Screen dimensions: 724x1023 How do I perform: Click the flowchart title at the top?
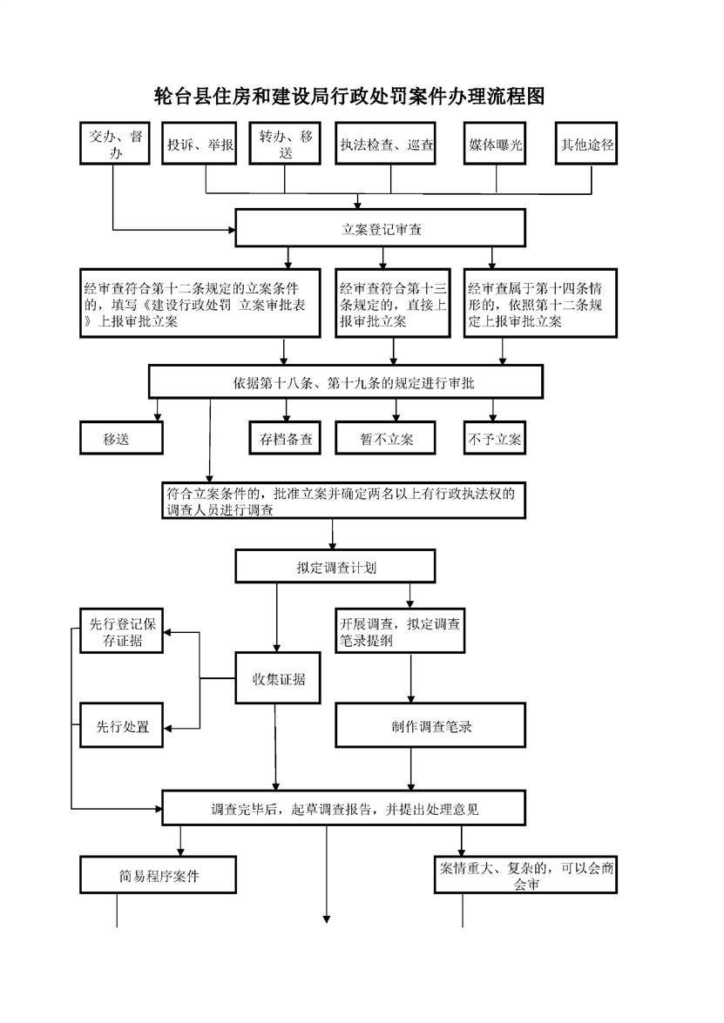[x=349, y=97]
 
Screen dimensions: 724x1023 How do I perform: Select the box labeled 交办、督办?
[x=115, y=143]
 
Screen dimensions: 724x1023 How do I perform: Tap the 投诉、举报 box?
[x=200, y=143]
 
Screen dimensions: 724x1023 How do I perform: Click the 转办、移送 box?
[x=285, y=143]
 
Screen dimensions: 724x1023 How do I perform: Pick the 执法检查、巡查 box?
[x=386, y=143]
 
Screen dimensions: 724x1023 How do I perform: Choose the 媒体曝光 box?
[x=495, y=143]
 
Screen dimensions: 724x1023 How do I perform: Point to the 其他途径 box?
[x=586, y=143]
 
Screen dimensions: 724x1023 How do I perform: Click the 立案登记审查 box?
[x=381, y=228]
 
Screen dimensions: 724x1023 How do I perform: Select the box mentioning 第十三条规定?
[x=393, y=303]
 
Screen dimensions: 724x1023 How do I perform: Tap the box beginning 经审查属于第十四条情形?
[x=540, y=303]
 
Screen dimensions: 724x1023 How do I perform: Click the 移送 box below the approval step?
[x=121, y=438]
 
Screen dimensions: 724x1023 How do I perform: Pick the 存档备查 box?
[x=286, y=438]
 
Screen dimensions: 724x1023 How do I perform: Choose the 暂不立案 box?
[x=386, y=438]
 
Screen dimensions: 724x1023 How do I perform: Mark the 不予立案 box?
[x=495, y=438]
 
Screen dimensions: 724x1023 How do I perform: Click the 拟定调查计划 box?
[x=335, y=566]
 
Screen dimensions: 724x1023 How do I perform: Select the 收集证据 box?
[x=278, y=678]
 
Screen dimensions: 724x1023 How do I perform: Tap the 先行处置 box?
[x=121, y=725]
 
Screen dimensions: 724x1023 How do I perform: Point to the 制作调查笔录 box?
[x=431, y=725]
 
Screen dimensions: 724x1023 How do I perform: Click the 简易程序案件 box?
[x=158, y=875]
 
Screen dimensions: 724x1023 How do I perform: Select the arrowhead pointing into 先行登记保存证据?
[x=167, y=632]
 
